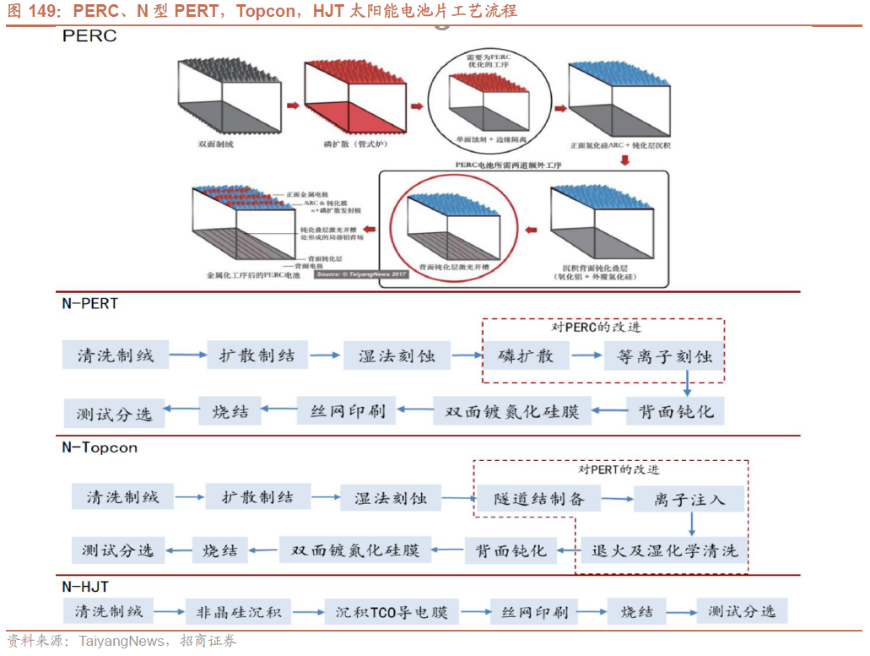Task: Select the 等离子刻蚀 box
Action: (x=664, y=356)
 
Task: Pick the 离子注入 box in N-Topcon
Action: (x=689, y=499)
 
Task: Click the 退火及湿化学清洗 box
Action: (x=664, y=550)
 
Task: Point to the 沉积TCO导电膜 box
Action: (x=392, y=612)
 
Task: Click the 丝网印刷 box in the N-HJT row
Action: (x=535, y=612)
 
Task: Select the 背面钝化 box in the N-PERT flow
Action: (x=676, y=411)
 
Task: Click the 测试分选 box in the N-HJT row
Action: (x=742, y=612)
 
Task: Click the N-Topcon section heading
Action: (x=100, y=447)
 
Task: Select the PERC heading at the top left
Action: (x=89, y=36)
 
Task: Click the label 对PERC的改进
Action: (x=603, y=328)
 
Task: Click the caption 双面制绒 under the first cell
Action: (x=215, y=144)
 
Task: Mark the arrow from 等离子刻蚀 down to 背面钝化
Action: (x=687, y=384)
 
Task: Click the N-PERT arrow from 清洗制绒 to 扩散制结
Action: (x=187, y=355)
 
